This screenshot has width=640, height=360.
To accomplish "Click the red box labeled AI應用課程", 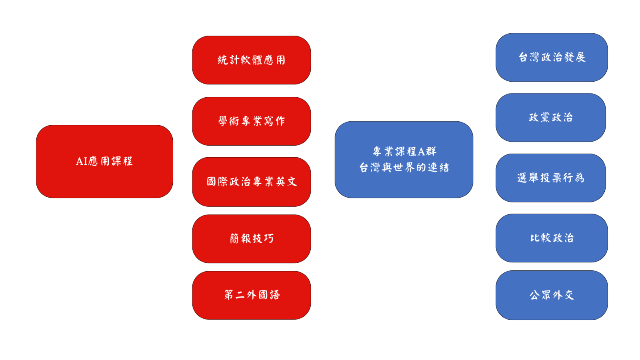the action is click(x=104, y=162).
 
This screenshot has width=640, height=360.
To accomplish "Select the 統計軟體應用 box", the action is click(x=252, y=60).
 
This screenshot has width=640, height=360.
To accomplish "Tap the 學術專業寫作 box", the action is click(x=252, y=121).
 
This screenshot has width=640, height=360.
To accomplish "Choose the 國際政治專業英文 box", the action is click(x=252, y=182).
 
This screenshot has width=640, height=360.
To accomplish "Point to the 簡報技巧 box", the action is click(x=252, y=238).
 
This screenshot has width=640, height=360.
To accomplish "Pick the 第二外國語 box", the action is click(x=252, y=295).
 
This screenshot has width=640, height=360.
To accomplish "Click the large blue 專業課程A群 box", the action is click(x=404, y=160).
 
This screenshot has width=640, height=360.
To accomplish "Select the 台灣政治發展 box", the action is click(x=552, y=58).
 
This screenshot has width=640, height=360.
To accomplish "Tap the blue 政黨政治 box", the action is click(x=550, y=118).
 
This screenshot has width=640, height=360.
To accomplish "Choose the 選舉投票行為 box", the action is click(x=550, y=178).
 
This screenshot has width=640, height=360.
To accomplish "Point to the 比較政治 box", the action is click(x=552, y=238).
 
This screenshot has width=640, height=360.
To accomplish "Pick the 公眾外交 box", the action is click(x=552, y=295).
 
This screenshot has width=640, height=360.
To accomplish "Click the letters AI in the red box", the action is click(x=82, y=162).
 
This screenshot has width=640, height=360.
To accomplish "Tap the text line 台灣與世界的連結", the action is click(x=404, y=168).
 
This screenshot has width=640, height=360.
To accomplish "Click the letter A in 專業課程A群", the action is click(x=422, y=152).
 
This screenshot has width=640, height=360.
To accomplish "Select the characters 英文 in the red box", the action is click(x=286, y=182).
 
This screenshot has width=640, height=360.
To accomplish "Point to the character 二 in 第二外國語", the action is click(x=240, y=295).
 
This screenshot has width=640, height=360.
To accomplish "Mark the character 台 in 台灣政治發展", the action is click(x=523, y=58).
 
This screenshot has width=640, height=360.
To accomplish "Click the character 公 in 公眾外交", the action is click(x=534, y=295).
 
